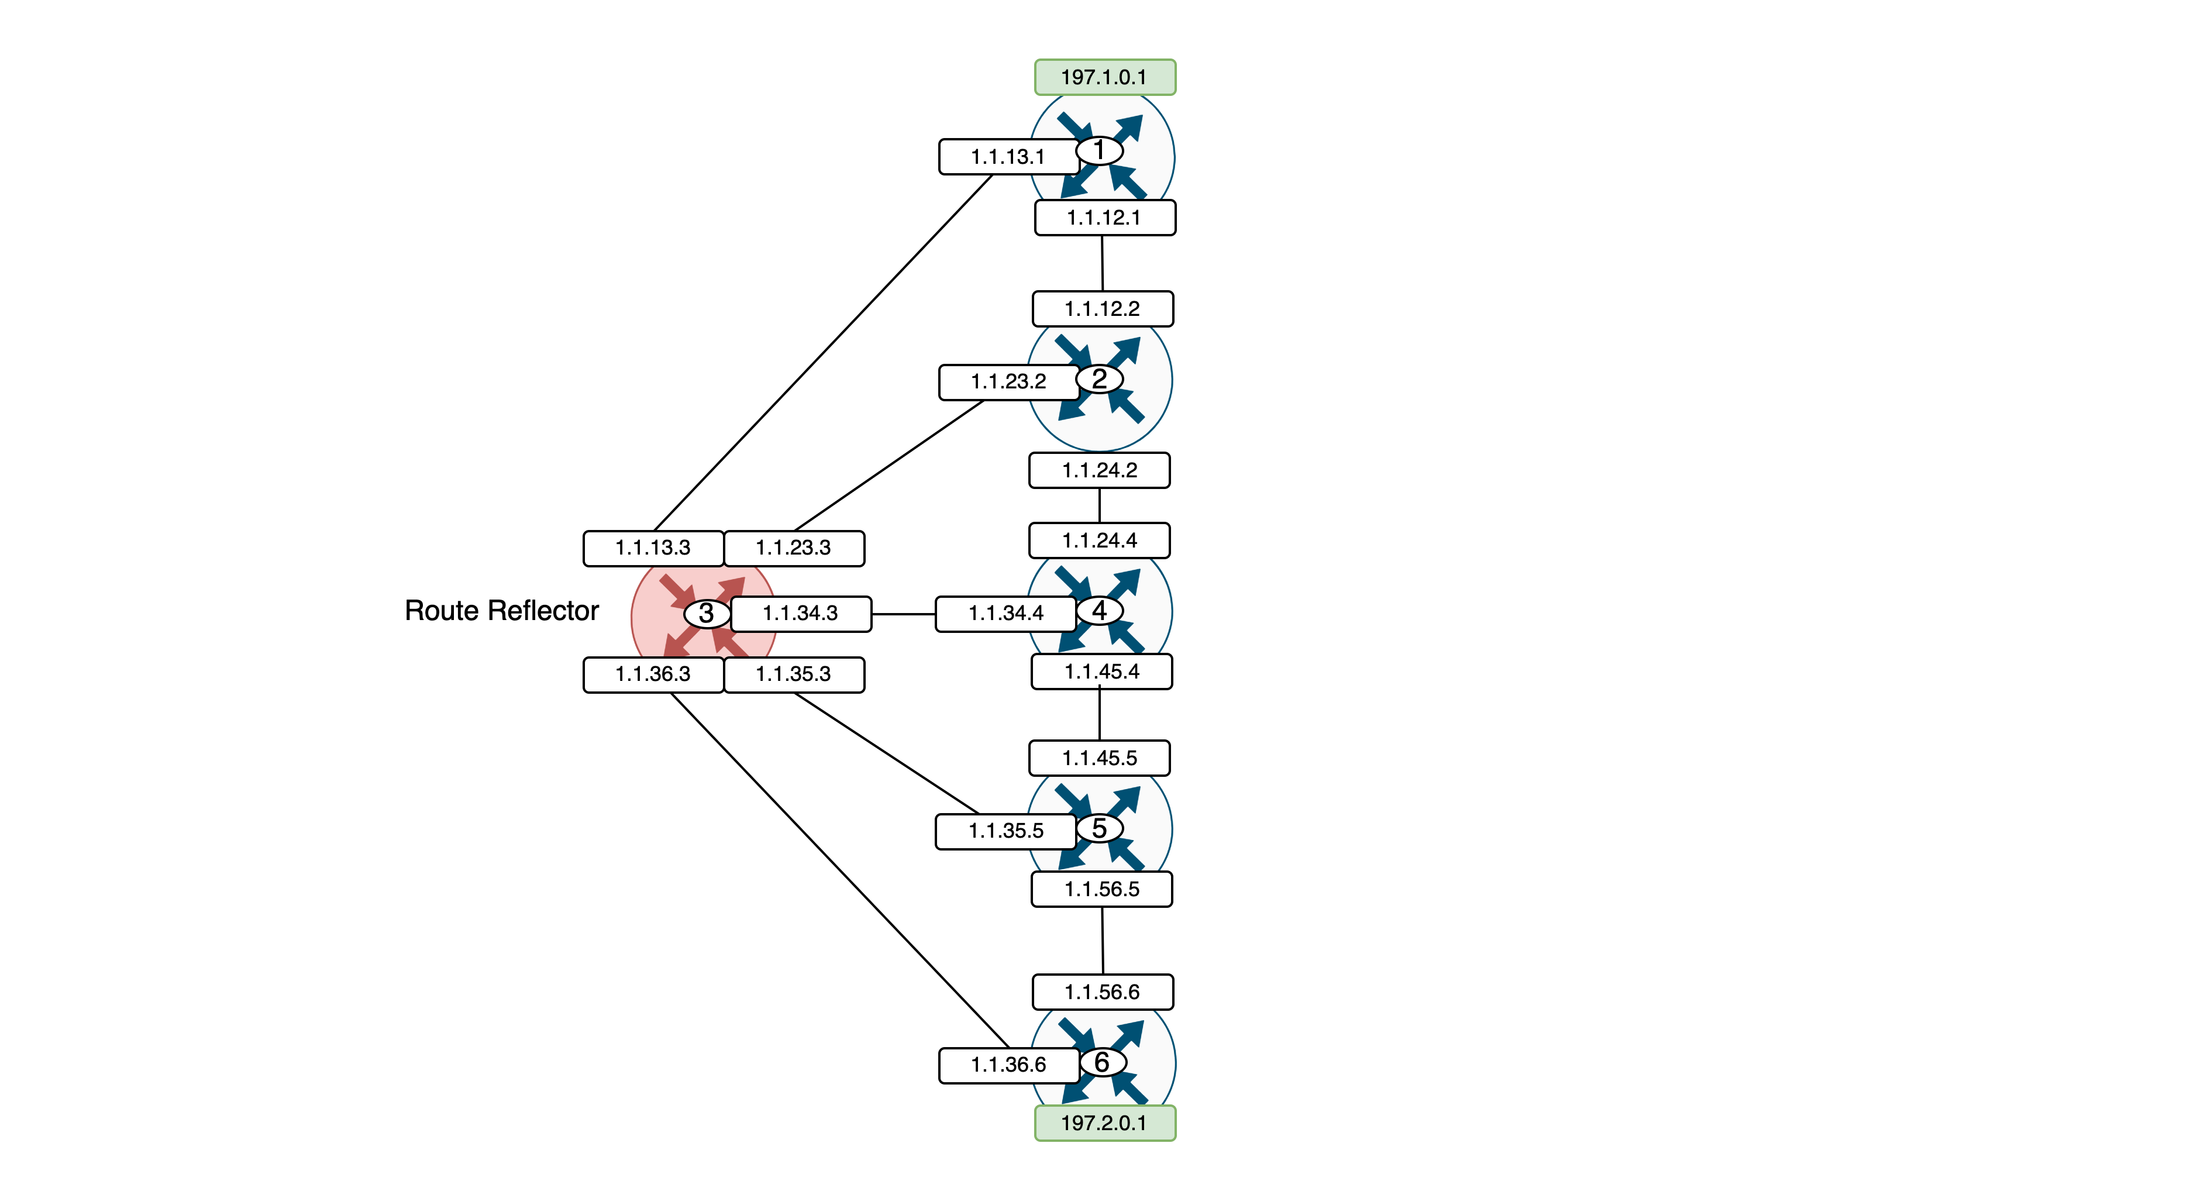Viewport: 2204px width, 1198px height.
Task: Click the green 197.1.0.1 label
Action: [1104, 77]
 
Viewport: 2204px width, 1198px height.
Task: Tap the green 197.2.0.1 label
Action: [1104, 1123]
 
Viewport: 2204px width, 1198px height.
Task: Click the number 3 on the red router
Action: [707, 614]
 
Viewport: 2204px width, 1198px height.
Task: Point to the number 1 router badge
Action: [1100, 150]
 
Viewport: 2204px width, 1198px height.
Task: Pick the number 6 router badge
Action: [1102, 1062]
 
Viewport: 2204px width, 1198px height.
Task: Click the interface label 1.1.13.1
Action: [1008, 157]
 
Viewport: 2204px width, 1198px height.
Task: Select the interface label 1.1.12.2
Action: [1102, 309]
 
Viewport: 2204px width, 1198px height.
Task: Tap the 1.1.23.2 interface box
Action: [1008, 381]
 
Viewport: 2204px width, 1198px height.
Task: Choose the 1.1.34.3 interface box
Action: [800, 614]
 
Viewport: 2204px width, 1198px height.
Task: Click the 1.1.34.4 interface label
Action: [1005, 614]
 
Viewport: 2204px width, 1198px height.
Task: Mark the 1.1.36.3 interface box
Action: [653, 674]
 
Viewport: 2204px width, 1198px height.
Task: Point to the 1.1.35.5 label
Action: [1005, 831]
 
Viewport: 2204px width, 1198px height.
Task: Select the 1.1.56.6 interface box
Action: [1102, 992]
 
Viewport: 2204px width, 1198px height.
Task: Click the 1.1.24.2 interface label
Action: [1100, 471]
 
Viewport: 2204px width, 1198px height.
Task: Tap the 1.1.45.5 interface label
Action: [1100, 758]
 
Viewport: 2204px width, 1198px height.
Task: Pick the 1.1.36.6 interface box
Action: [1008, 1065]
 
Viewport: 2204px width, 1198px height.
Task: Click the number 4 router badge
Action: [1100, 611]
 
